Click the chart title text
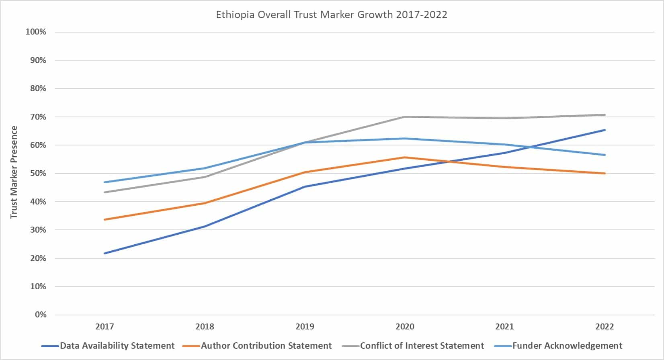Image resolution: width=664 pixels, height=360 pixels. pyautogui.click(x=332, y=15)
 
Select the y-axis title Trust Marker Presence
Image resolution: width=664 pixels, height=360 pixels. pyautogui.click(x=14, y=172)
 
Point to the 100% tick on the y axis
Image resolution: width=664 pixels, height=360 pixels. pyautogui.click(x=36, y=32)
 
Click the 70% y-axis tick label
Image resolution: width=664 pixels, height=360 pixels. pyautogui.click(x=38, y=117)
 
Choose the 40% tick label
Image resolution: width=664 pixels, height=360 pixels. pyautogui.click(x=38, y=202)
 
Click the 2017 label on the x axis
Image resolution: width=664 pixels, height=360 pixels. pyautogui.click(x=105, y=326)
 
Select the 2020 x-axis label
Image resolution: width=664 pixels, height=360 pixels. pyautogui.click(x=405, y=326)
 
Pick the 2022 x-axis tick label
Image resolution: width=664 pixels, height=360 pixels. pyautogui.click(x=605, y=326)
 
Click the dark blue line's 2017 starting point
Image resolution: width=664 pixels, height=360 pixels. pyautogui.click(x=105, y=253)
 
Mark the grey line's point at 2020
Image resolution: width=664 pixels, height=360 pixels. pyautogui.click(x=405, y=117)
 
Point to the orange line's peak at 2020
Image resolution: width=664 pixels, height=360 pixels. pyautogui.click(x=405, y=157)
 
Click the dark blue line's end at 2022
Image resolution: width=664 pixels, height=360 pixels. pyautogui.click(x=605, y=130)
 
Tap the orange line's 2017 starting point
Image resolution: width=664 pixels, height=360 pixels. pyautogui.click(x=105, y=219)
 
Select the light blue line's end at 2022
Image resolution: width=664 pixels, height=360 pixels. pyautogui.click(x=605, y=155)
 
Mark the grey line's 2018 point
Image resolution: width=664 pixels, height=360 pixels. pyautogui.click(x=205, y=177)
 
